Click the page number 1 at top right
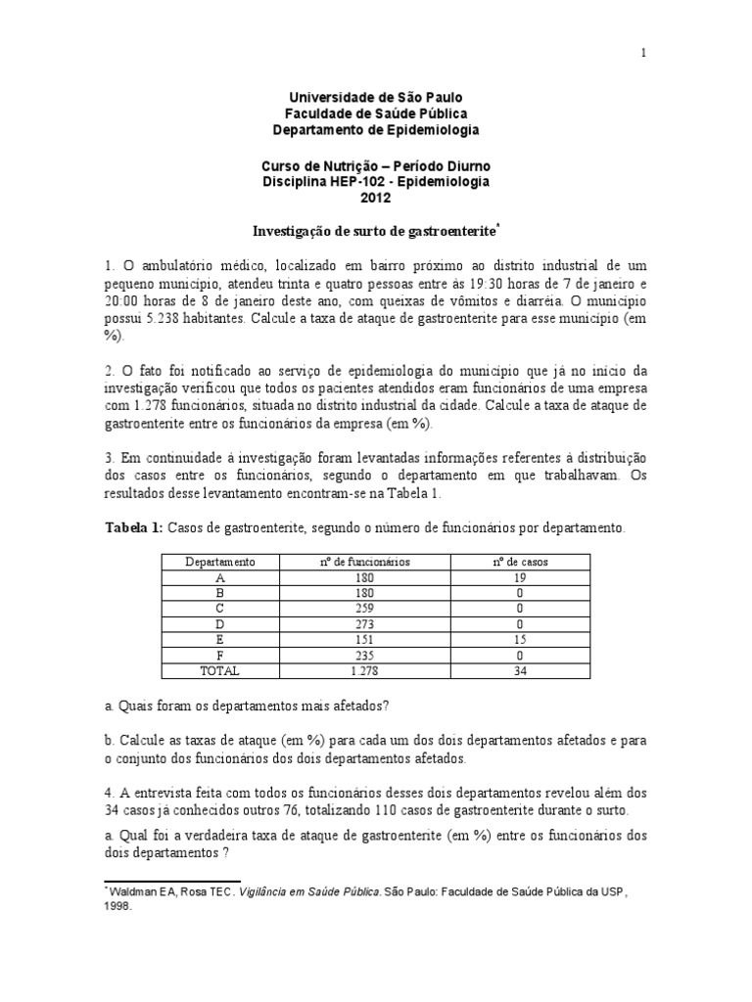pyautogui.click(x=643, y=54)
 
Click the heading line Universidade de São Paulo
pyautogui.click(x=376, y=98)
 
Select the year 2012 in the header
pyautogui.click(x=376, y=198)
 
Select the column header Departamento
pyautogui.click(x=220, y=563)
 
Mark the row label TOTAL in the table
pyautogui.click(x=220, y=671)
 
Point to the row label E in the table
pyautogui.click(x=220, y=640)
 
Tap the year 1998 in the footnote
pyautogui.click(x=120, y=906)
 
